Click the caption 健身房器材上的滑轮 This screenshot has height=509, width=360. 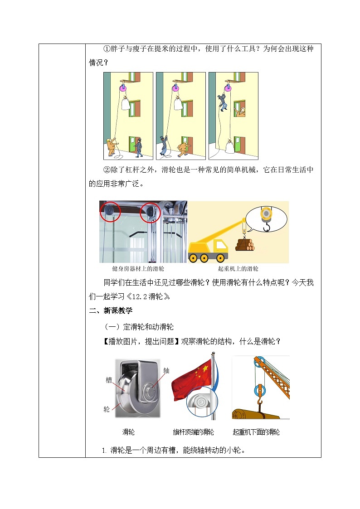138,269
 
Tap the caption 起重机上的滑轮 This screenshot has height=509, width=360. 238,269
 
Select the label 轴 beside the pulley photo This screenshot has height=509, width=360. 166,371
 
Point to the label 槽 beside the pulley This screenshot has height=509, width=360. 109,380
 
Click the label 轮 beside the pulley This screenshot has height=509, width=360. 107,409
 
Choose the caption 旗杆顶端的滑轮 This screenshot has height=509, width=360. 194,432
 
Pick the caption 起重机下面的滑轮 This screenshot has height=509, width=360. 256,432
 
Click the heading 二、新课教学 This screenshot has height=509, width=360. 111,310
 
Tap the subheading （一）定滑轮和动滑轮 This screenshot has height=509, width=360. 139,327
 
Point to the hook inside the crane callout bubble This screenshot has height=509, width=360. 266,226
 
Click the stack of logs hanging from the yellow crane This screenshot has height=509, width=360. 245,245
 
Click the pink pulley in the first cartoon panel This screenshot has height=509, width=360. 123,87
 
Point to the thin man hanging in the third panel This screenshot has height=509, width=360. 223,102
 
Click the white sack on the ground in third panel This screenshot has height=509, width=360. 230,146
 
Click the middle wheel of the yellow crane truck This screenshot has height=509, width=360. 204,258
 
